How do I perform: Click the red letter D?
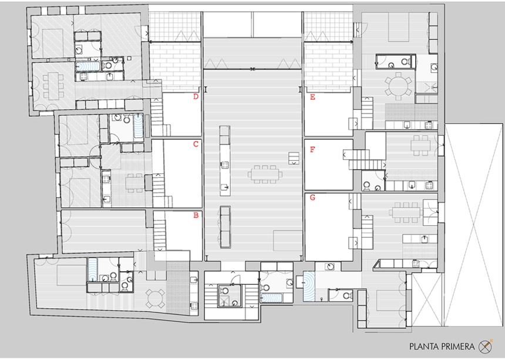click(196, 96)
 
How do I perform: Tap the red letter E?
click(312, 97)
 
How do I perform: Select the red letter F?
click(312, 149)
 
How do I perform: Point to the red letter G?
click(312, 197)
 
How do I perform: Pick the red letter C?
click(196, 144)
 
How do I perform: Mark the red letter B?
click(196, 215)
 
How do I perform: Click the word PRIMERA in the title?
click(457, 347)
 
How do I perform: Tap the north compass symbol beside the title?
click(486, 346)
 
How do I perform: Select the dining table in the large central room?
click(265, 174)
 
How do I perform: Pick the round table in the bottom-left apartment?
click(156, 298)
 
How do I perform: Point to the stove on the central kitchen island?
click(225, 165)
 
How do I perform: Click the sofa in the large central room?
click(225, 227)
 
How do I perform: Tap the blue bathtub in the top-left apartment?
click(87, 66)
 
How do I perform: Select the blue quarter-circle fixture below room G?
click(309, 287)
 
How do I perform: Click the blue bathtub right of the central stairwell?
click(271, 298)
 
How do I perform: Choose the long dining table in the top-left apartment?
click(53, 86)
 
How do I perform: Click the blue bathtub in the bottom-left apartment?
click(92, 270)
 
